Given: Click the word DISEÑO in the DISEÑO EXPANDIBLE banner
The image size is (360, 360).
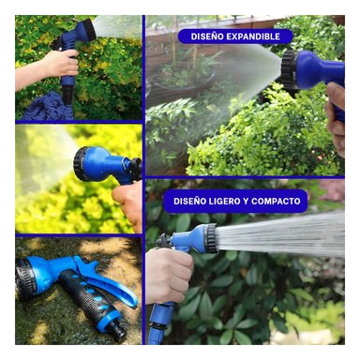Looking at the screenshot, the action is click(x=206, y=37).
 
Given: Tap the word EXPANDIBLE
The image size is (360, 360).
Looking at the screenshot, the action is click(x=252, y=37).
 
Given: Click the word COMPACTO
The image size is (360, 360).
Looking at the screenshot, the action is click(x=276, y=201).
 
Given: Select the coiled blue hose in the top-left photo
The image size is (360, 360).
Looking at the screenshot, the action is click(x=48, y=106).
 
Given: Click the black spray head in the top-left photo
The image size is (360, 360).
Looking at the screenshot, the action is click(x=88, y=27).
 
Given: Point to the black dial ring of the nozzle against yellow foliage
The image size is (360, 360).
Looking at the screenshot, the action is click(x=80, y=164).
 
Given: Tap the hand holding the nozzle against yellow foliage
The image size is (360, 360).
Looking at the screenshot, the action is click(x=128, y=204).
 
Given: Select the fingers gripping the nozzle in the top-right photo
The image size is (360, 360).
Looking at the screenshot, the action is click(x=336, y=119).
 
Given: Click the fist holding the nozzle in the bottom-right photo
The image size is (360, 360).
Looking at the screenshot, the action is click(x=168, y=276).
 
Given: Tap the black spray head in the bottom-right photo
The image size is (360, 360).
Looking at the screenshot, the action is click(x=211, y=238).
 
